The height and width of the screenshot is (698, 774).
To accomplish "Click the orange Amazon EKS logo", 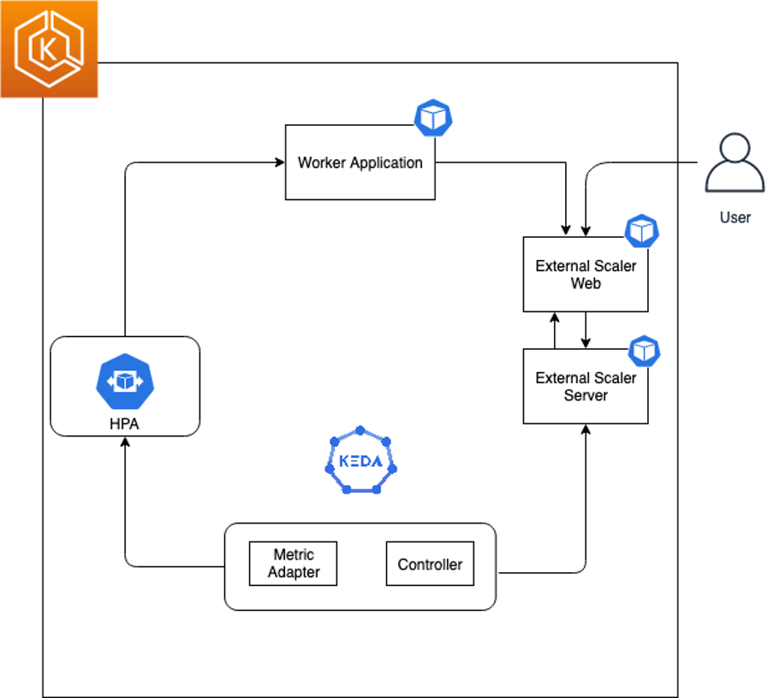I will point(49,49).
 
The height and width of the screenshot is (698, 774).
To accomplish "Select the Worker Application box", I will point(360,163).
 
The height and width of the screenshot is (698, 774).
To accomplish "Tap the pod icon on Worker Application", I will point(433,118).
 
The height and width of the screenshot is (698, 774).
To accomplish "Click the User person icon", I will point(734,163).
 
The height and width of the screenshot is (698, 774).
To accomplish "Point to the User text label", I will point(735,217).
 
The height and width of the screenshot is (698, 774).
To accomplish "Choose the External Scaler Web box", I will point(586,275).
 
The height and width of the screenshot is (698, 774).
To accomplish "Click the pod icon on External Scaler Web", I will point(641,231).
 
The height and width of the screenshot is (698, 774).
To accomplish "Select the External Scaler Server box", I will point(586,387).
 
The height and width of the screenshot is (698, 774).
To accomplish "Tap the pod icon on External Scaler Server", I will point(645,351).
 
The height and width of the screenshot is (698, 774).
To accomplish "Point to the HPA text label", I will point(125,423).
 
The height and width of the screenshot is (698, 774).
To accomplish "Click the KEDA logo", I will point(360,461).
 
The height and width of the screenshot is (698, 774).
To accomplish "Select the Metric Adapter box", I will point(293,564).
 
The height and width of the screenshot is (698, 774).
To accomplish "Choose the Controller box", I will point(430,564).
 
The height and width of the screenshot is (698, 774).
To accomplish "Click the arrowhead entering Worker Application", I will point(279,163).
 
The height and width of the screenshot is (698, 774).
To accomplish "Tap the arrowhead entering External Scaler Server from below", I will point(586,429).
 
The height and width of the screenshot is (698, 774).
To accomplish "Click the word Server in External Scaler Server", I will point(586,396).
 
